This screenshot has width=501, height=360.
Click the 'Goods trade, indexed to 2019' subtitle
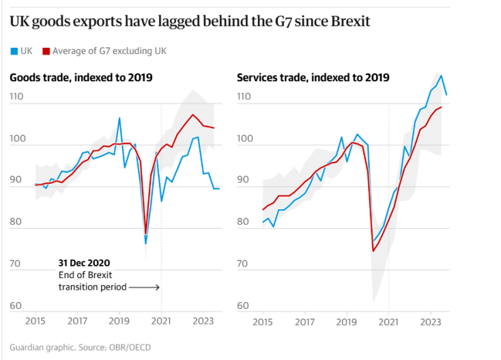tap(81, 77)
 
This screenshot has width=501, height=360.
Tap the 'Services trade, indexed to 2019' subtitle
tap(313, 77)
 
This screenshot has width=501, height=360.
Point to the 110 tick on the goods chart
tap(17, 97)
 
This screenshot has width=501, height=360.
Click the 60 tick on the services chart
tap(244, 306)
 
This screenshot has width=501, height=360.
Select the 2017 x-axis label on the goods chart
tap(77, 320)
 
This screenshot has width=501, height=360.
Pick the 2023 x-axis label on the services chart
tap(431, 320)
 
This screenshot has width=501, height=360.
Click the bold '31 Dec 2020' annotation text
tap(84, 262)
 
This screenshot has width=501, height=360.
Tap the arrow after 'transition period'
tap(144, 288)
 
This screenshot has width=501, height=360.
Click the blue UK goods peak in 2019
tap(119, 118)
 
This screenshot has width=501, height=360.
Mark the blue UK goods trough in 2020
tap(145, 243)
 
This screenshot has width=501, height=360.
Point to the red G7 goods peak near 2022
tap(193, 115)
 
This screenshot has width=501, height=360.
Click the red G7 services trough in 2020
tap(373, 251)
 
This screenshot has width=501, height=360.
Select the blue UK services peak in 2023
tap(442, 76)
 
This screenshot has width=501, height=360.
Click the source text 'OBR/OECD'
tap(130, 347)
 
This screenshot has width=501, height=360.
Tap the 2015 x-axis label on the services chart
tap(263, 320)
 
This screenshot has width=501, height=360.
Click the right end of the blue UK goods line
tap(219, 189)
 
